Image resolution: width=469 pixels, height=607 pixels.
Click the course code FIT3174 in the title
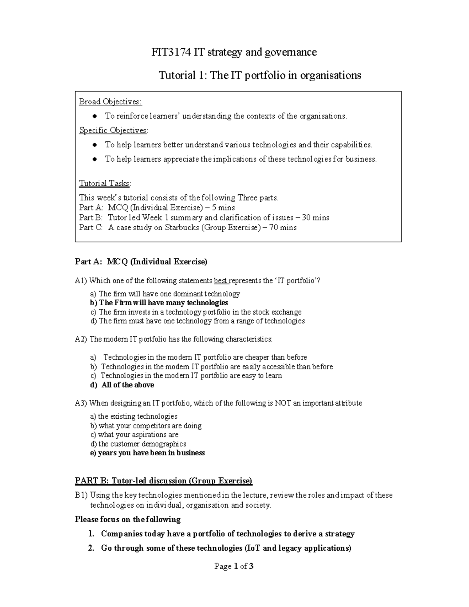click(x=170, y=52)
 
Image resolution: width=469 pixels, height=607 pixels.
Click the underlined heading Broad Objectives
click(x=111, y=102)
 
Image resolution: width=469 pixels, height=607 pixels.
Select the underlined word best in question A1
click(x=221, y=281)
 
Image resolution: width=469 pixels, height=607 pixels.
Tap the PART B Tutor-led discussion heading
click(x=163, y=481)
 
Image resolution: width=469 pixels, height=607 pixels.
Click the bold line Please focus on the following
click(x=127, y=519)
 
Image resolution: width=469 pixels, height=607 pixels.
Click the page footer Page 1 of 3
click(x=234, y=566)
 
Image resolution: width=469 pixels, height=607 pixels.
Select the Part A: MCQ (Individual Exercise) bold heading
click(x=141, y=262)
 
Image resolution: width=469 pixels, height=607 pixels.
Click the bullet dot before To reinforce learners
click(x=95, y=116)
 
